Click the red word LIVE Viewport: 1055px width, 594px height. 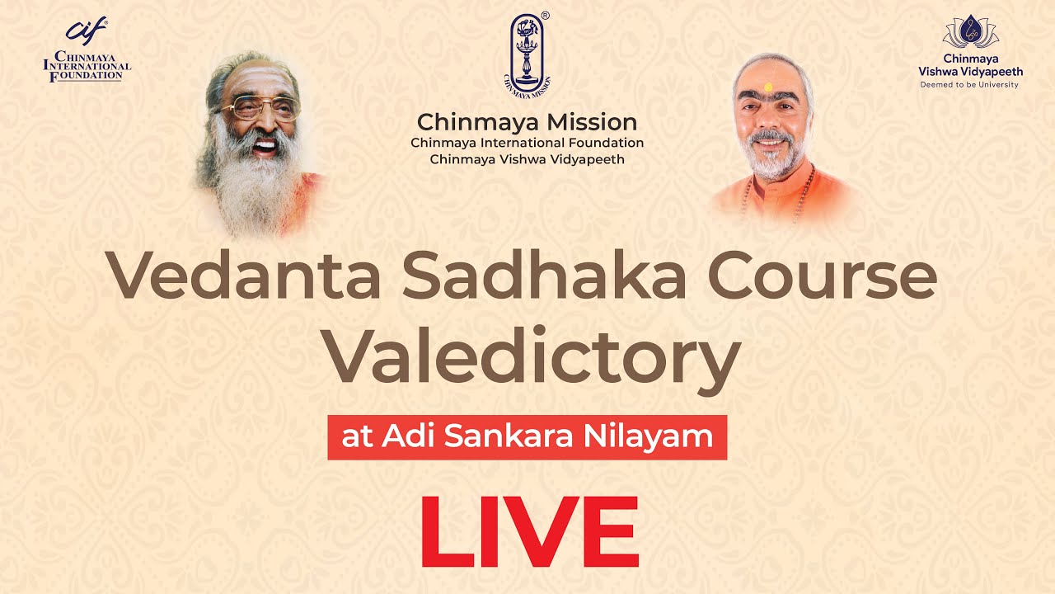click(x=529, y=532)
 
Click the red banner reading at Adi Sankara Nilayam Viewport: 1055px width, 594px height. click(x=527, y=437)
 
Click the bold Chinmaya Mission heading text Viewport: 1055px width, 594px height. click(x=527, y=123)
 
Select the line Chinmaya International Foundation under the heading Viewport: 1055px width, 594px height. click(x=527, y=143)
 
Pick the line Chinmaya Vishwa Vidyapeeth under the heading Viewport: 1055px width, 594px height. click(x=527, y=159)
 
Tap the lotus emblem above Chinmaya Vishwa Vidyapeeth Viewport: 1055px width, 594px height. click(x=970, y=31)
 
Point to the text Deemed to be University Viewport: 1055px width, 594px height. click(x=970, y=85)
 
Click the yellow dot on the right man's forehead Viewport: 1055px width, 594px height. click(x=768, y=87)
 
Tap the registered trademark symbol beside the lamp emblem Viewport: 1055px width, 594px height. click(x=545, y=16)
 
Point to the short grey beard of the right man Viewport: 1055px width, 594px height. click(x=767, y=161)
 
